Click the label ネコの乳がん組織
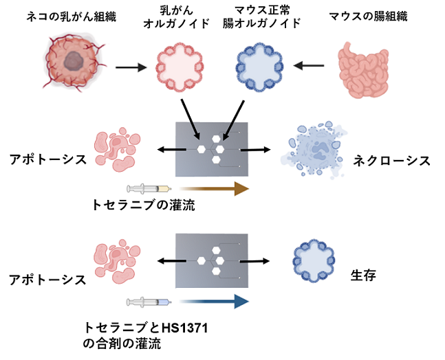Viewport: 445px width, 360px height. click(71, 16)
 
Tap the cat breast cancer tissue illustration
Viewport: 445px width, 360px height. click(74, 62)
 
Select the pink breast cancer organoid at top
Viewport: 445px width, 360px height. click(180, 67)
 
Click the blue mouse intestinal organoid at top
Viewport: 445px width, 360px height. click(259, 67)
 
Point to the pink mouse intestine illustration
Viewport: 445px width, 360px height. click(363, 69)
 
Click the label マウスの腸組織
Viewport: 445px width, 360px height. click(369, 16)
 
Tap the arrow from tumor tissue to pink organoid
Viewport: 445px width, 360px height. click(131, 67)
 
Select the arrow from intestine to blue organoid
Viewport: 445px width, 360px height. click(309, 65)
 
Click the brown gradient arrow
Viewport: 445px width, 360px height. click(215, 188)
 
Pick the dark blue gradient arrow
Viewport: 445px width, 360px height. click(215, 301)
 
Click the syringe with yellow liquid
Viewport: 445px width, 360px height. click(149, 188)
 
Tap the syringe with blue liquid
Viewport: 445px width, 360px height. click(149, 302)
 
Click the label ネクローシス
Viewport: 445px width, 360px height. click(391, 161)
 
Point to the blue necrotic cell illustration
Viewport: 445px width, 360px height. click(314, 150)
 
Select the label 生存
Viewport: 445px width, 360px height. click(363, 275)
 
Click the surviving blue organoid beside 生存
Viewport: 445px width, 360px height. click(314, 261)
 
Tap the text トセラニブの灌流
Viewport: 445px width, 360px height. click(144, 204)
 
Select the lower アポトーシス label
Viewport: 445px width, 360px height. click(47, 280)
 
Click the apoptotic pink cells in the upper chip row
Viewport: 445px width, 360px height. click(117, 150)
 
